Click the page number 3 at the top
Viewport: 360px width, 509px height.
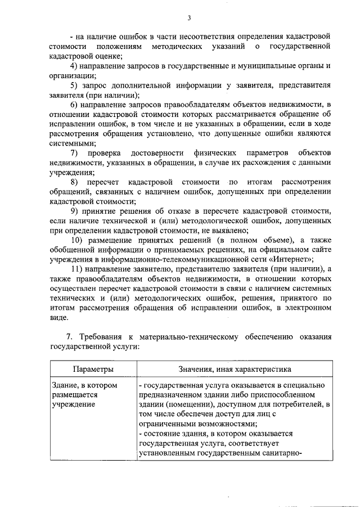pyautogui.click(x=189, y=18)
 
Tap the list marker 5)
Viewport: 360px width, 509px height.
pyautogui.click(x=75, y=85)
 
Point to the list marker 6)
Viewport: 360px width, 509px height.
pyautogui.click(x=75, y=105)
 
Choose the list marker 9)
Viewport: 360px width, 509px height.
pyautogui.click(x=75, y=211)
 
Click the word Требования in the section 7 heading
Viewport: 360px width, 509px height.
pyautogui.click(x=99, y=337)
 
